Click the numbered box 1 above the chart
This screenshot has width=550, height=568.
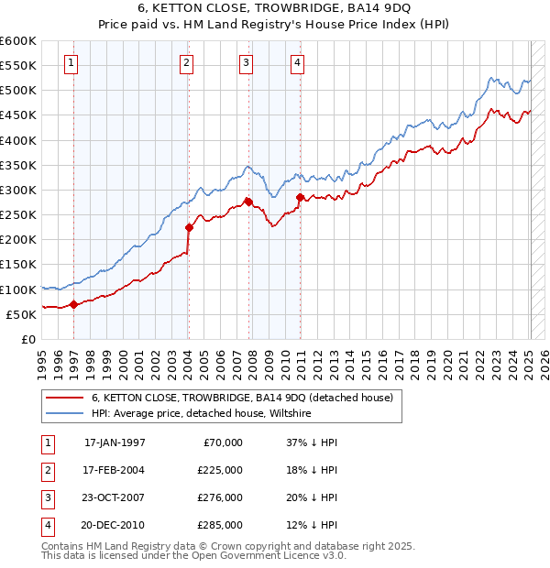[x=71, y=63]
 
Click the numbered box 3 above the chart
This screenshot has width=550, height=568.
[x=247, y=63]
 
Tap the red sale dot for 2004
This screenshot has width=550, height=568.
[x=189, y=227]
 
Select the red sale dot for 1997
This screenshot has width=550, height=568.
[x=73, y=305]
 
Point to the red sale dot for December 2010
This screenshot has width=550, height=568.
[x=300, y=197]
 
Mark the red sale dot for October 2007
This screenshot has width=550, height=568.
[x=248, y=202]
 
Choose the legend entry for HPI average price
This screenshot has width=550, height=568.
[x=202, y=414]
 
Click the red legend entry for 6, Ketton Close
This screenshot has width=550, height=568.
[x=242, y=398]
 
